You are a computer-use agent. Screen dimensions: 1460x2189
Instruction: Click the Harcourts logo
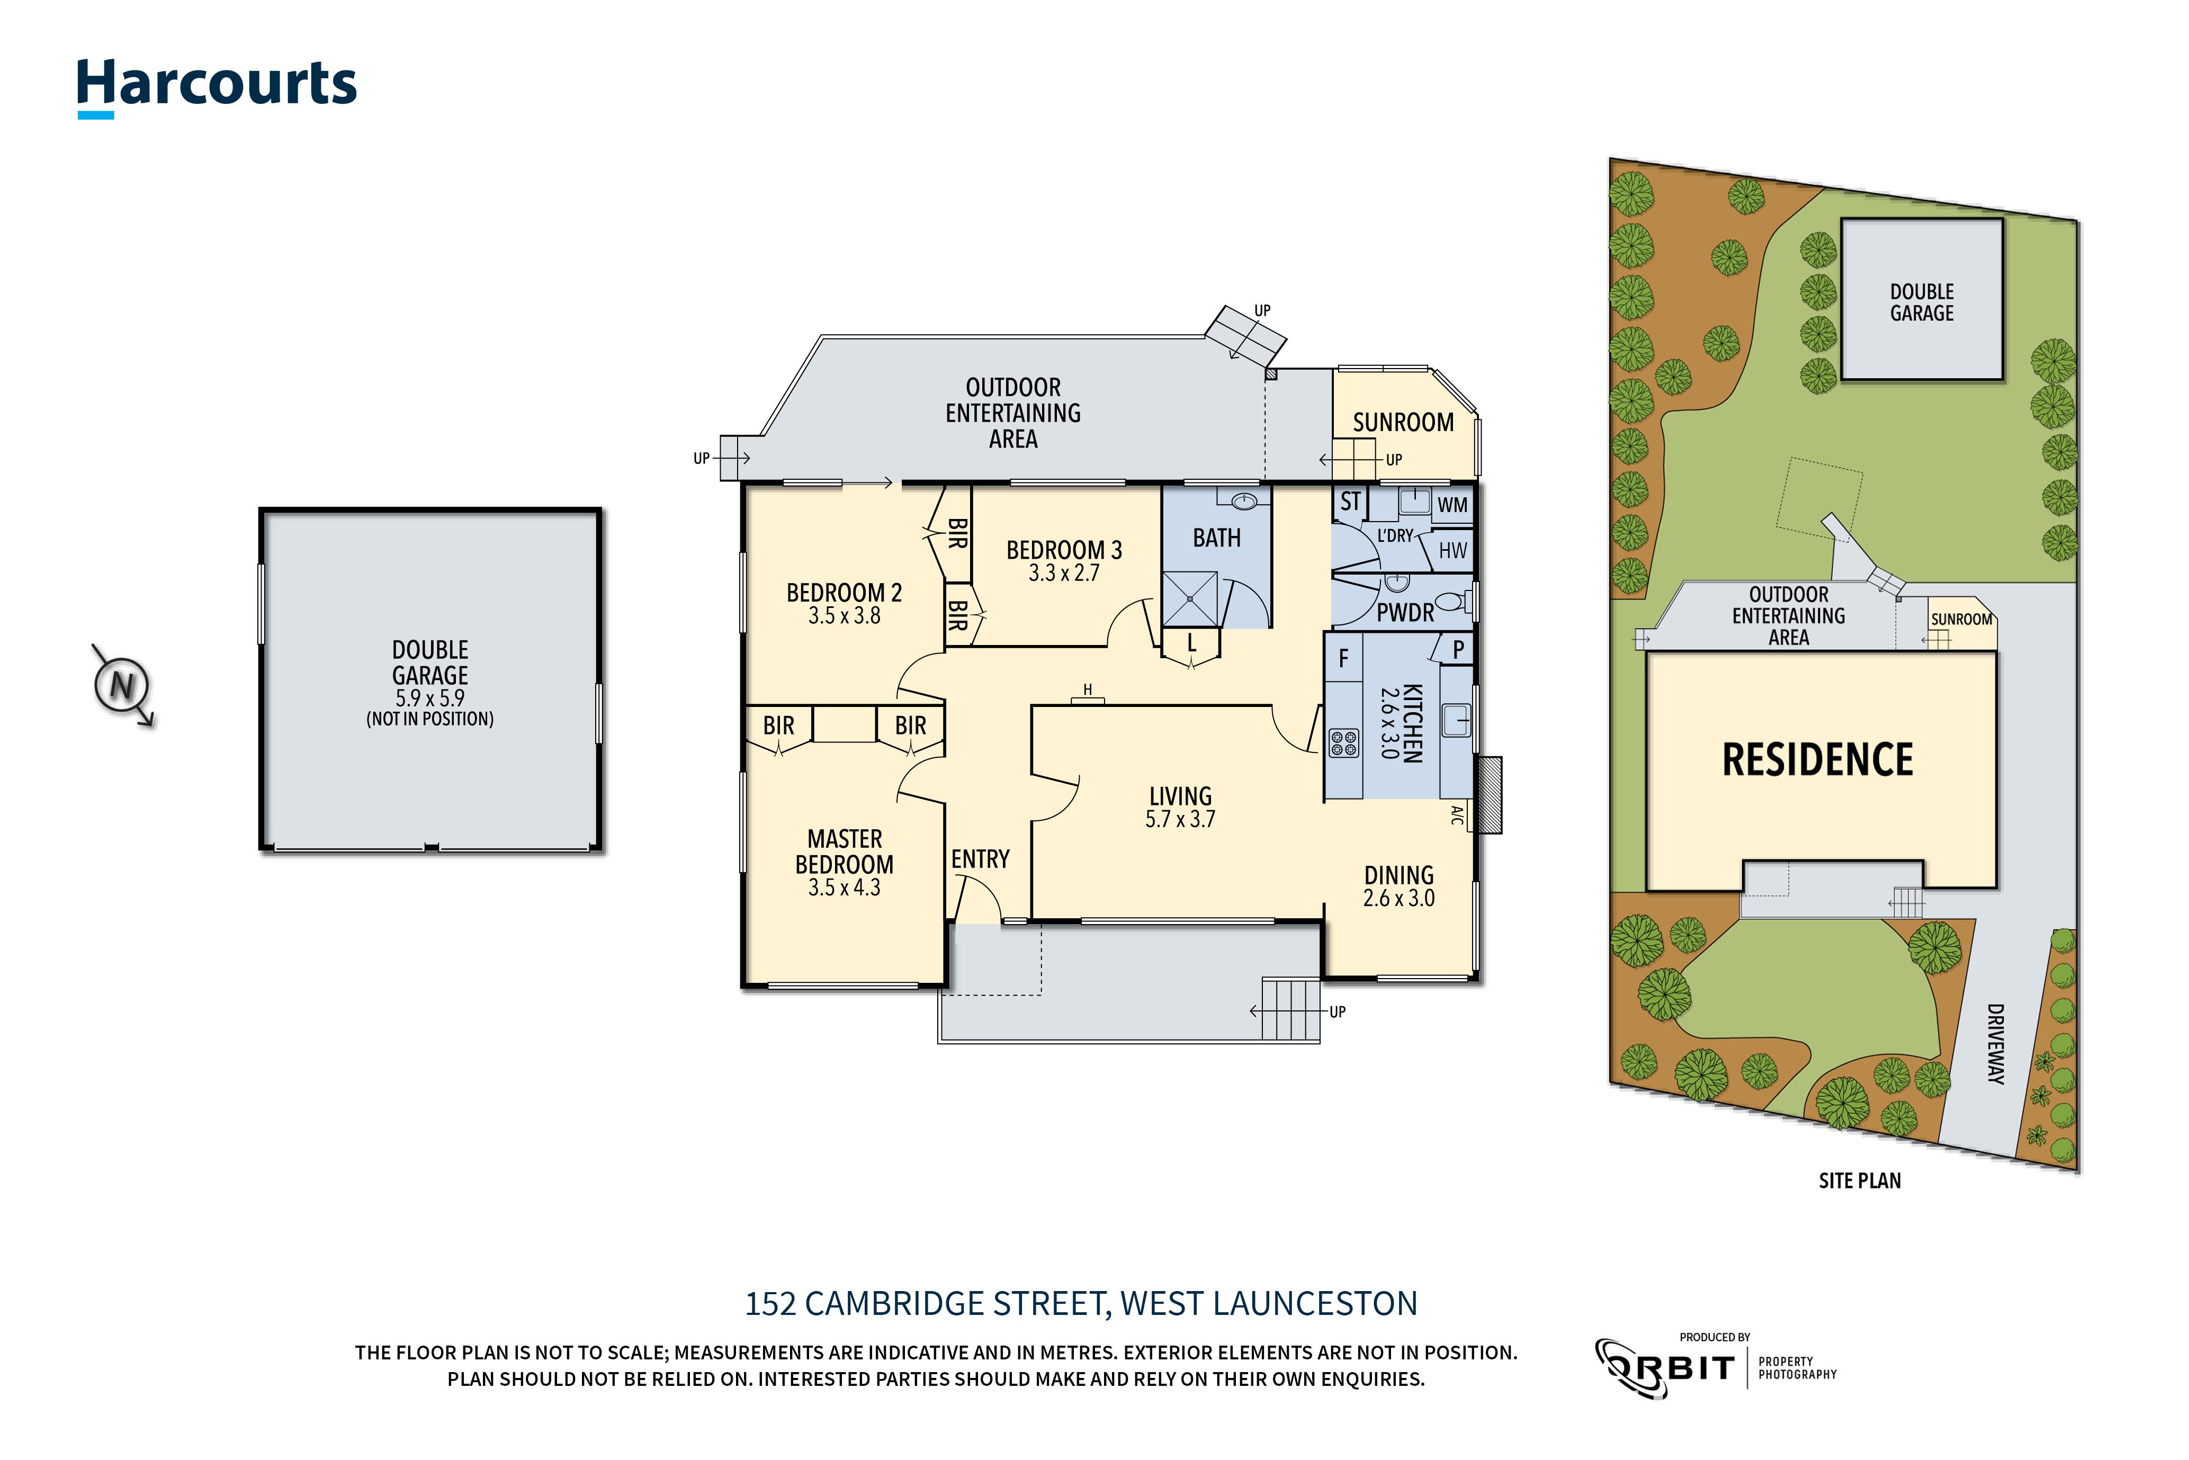(x=216, y=86)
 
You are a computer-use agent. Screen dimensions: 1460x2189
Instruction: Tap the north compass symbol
(x=122, y=685)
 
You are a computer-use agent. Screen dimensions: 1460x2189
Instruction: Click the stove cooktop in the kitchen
(x=1343, y=743)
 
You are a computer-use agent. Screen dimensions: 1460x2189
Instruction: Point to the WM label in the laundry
(x=1451, y=506)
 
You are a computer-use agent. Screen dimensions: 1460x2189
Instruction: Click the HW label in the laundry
(x=1451, y=550)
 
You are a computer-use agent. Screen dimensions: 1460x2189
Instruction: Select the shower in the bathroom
(x=1190, y=599)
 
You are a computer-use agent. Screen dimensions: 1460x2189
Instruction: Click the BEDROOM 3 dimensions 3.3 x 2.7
(x=1063, y=574)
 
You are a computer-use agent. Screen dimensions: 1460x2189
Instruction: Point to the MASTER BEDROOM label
(x=844, y=852)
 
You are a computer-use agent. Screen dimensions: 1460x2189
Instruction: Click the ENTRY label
(x=980, y=858)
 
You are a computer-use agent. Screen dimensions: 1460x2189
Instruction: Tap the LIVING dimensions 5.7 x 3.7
(x=1180, y=819)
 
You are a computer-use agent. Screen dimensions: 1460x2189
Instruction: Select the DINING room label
(x=1398, y=875)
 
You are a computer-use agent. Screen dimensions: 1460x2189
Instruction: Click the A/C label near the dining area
(x=1457, y=816)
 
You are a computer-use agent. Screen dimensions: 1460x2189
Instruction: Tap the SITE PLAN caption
(x=1860, y=1181)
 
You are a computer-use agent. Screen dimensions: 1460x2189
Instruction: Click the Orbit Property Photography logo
(x=1715, y=1367)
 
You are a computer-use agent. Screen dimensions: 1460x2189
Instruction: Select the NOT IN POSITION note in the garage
(x=429, y=719)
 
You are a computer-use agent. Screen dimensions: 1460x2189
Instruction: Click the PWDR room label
(x=1405, y=613)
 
